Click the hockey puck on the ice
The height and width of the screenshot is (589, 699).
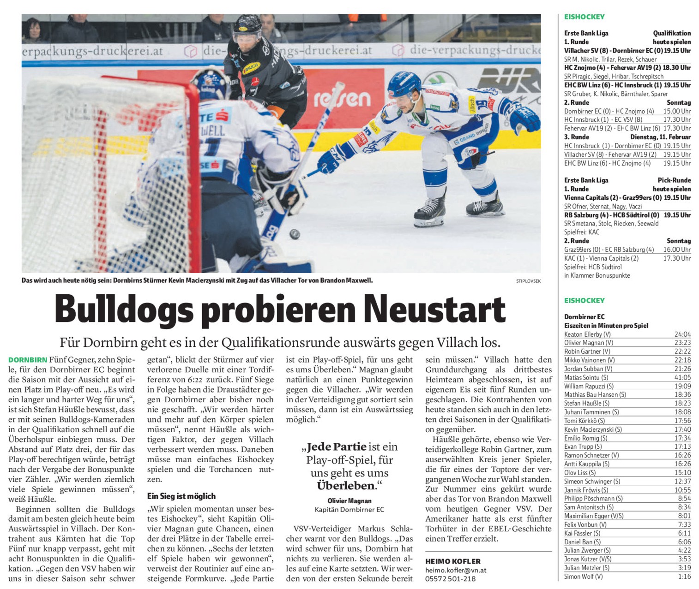point(294,234)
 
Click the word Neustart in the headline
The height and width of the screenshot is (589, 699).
point(434,309)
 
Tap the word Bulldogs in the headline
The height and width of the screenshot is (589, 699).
point(124,309)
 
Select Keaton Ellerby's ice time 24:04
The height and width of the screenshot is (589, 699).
point(682,334)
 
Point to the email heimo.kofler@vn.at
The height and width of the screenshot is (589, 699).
point(456,570)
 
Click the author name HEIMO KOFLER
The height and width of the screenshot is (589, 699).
point(452,561)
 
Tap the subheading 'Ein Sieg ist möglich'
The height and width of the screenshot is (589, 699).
point(181,496)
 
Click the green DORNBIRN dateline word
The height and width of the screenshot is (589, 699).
point(28,360)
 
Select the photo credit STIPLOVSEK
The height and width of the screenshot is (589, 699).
point(529,281)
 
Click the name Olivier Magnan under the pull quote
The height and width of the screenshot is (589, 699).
point(349,501)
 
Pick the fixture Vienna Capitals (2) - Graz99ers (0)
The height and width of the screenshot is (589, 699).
point(613,198)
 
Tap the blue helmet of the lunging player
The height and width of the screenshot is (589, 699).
point(404,83)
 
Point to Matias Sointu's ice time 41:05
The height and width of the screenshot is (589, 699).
point(682,377)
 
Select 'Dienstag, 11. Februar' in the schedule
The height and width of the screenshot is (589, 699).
point(660,137)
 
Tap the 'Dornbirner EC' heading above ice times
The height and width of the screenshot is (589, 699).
point(584,317)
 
